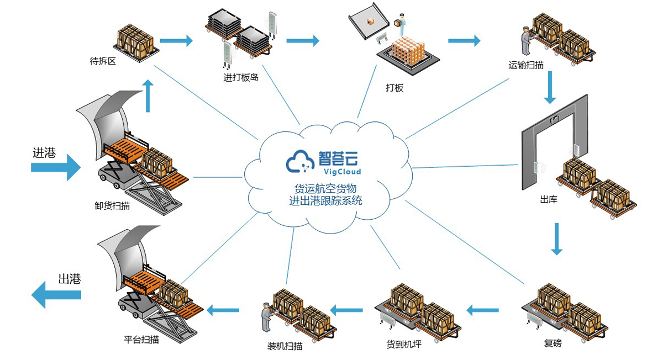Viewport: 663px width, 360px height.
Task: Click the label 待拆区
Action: pyautogui.click(x=103, y=61)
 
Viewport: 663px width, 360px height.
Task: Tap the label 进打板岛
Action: pyautogui.click(x=240, y=78)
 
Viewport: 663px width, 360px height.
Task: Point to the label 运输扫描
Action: pyautogui.click(x=526, y=65)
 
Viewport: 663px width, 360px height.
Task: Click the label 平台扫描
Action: pyautogui.click(x=141, y=340)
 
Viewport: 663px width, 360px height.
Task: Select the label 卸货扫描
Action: pyautogui.click(x=112, y=206)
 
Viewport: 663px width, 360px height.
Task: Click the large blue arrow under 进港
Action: pyautogui.click(x=56, y=167)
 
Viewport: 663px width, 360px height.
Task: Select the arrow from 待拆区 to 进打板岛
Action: pyautogui.click(x=176, y=40)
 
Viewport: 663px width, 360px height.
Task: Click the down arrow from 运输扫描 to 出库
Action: pyautogui.click(x=549, y=88)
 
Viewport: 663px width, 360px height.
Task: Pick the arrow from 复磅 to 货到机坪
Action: pyautogui.click(x=482, y=310)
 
